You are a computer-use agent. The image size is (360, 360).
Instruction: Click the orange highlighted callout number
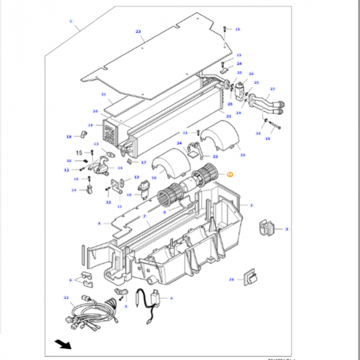point(229,175)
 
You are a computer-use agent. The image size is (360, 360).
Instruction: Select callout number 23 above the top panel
point(138,32)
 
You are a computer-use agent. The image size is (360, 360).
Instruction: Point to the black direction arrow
point(63,343)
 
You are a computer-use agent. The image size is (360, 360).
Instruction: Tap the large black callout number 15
point(79,152)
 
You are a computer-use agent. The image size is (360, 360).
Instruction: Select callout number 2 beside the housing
point(251,205)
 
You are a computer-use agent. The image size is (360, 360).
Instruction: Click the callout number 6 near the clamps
point(70,280)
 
